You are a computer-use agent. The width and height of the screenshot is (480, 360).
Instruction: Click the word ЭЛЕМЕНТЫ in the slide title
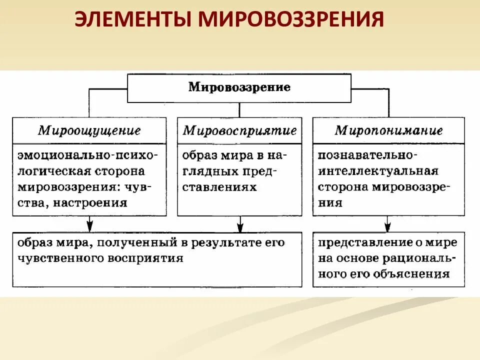[x=131, y=20]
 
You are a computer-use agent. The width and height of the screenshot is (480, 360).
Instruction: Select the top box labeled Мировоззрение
[x=239, y=87]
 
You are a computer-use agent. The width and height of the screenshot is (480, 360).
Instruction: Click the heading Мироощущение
[x=89, y=131]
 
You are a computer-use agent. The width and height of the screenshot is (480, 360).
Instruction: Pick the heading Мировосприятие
[x=239, y=131]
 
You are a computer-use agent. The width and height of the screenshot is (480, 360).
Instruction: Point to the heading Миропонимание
[x=388, y=131]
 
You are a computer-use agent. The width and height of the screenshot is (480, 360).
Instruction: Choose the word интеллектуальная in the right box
[x=378, y=171]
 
